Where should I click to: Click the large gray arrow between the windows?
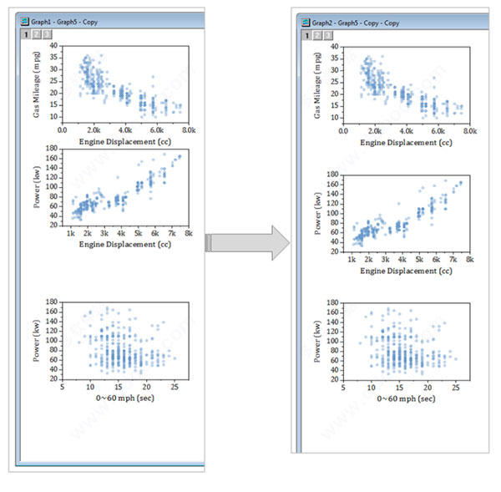(x=248, y=242)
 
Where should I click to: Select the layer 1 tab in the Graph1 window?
(x=26, y=35)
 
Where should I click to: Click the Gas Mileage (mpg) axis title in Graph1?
(x=38, y=84)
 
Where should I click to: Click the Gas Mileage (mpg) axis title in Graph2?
(x=318, y=85)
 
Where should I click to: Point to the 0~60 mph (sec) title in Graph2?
(x=406, y=398)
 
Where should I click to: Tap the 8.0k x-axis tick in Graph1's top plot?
(x=190, y=131)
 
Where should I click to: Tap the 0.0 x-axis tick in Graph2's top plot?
(x=344, y=131)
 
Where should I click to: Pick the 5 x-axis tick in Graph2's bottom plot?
(x=344, y=388)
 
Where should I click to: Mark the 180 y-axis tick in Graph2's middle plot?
(x=332, y=175)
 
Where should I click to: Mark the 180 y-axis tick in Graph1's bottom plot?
(x=52, y=302)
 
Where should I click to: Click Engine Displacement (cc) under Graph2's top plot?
(x=404, y=143)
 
